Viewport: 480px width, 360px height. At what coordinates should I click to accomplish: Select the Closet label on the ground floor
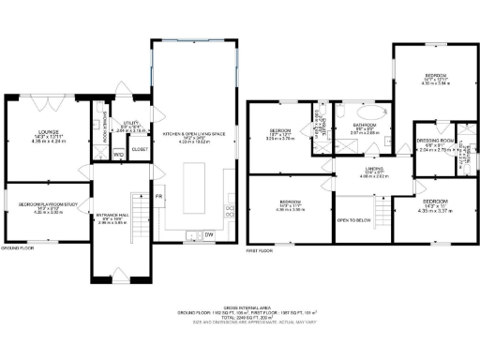click(139, 149)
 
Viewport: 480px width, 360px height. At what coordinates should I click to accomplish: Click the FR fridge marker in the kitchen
click(158, 195)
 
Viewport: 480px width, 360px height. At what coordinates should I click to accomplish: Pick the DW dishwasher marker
click(209, 234)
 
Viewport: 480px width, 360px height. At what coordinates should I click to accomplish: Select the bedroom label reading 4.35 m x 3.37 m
click(435, 206)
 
